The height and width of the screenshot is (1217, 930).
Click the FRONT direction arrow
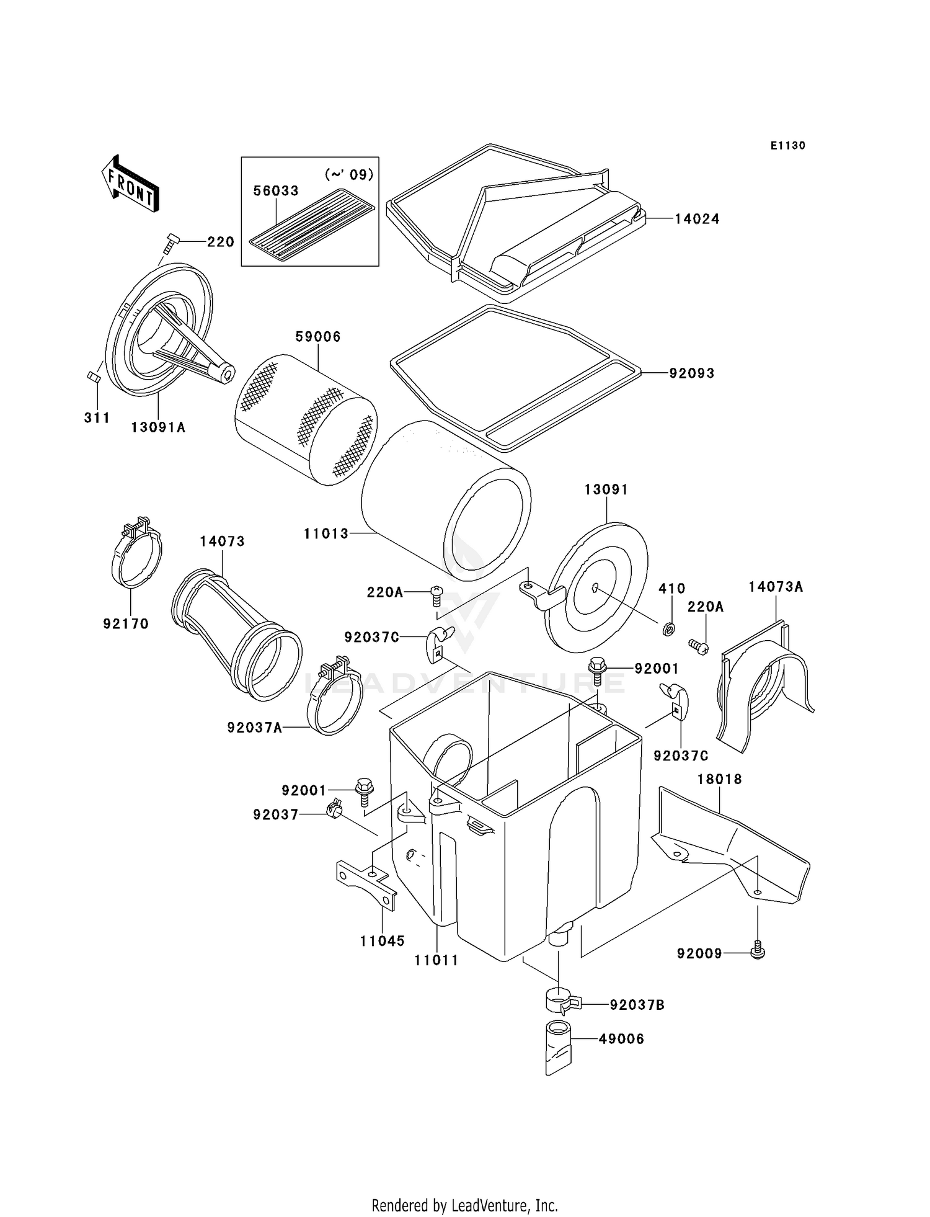pos(130,184)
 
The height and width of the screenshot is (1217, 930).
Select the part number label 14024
pos(697,219)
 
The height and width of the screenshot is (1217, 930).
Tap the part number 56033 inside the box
pos(276,191)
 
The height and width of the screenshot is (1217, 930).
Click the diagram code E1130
pos(788,146)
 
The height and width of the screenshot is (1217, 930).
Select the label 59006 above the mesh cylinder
pos(317,337)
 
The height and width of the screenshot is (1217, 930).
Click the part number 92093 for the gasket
pos(692,373)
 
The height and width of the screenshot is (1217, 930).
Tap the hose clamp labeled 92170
pos(137,553)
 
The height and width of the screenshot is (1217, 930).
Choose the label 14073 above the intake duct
pos(222,542)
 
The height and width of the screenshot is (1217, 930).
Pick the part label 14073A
pos(776,587)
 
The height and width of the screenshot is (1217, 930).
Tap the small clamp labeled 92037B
pos(561,1002)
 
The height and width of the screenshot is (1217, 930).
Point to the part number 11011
pos(436,961)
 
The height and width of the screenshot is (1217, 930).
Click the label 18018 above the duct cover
pos(719,779)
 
